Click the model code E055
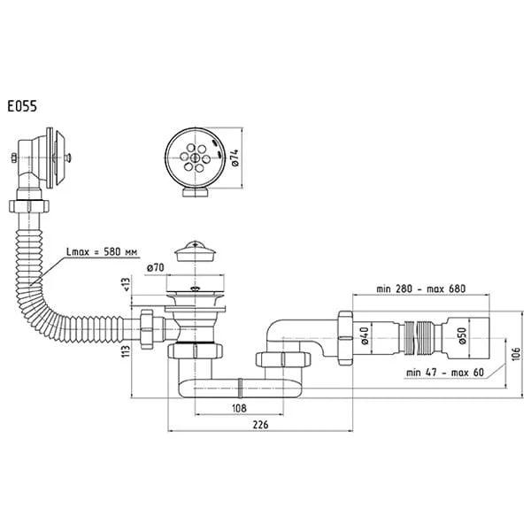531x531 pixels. pos(22,107)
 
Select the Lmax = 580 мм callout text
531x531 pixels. pos(102,252)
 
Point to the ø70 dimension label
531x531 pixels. pos(156,268)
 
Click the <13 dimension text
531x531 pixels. pos(126,284)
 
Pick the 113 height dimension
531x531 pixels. pos(126,351)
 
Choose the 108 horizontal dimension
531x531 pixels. pos(239,408)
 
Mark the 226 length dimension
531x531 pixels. pos(260,425)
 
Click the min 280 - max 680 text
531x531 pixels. pos(421,289)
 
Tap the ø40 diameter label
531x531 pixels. pos(365,335)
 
